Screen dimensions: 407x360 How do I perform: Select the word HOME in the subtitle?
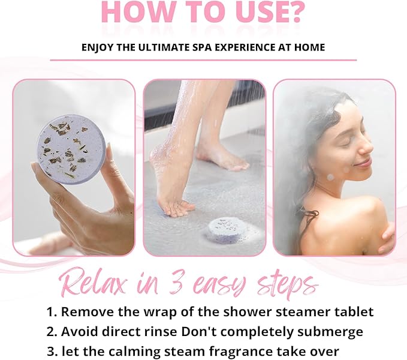(x=309, y=47)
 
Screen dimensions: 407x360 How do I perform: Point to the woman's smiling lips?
(x=362, y=163)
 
